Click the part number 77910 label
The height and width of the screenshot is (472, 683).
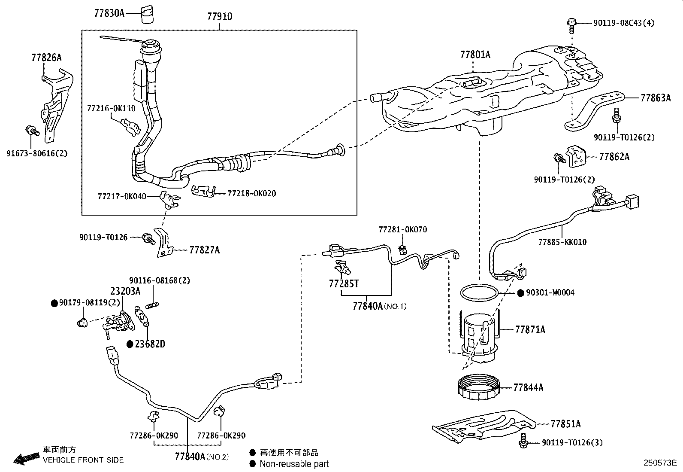[219, 16]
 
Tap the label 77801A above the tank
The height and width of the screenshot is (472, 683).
[475, 55]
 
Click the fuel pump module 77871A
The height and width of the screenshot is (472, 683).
[481, 333]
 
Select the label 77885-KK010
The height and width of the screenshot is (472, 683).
[562, 242]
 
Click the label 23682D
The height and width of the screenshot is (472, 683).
[150, 344]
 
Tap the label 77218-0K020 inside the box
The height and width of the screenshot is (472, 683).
[251, 193]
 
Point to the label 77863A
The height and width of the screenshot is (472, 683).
[655, 98]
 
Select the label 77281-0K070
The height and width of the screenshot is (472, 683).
[402, 230]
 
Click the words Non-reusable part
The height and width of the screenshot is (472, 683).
[294, 464]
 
